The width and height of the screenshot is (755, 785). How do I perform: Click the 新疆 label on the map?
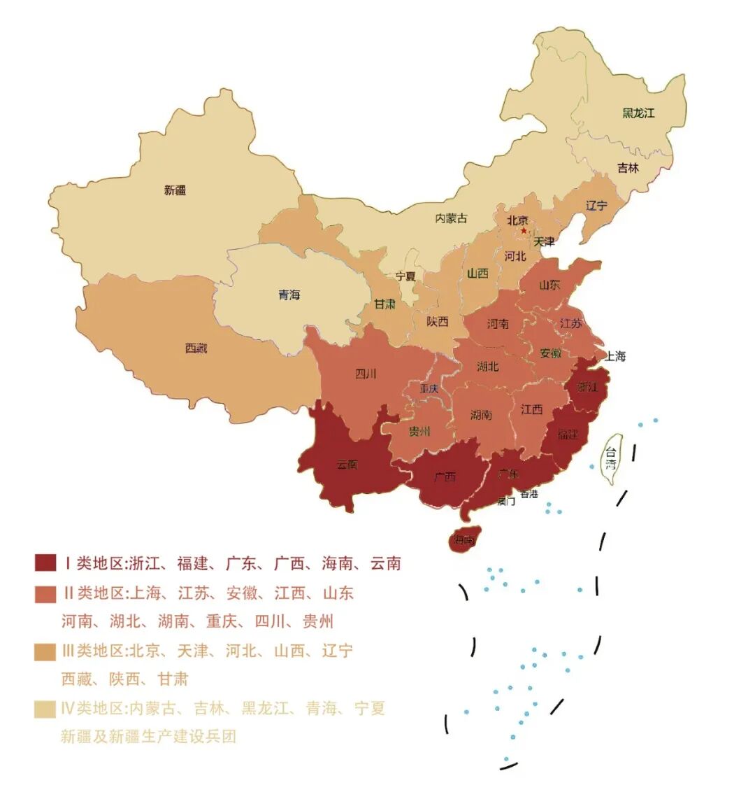[x=175, y=190]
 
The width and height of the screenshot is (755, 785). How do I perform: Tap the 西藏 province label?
[x=196, y=348]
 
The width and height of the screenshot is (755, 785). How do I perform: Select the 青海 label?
[x=288, y=295]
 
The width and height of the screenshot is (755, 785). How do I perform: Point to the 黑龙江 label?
[x=638, y=112]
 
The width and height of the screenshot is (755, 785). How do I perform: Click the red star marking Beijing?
[x=524, y=230]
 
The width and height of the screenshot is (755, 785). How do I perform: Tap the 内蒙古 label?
[x=451, y=218]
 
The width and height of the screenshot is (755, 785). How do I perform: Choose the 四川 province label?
[x=366, y=374]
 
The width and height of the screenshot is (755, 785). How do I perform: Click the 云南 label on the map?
[x=347, y=464]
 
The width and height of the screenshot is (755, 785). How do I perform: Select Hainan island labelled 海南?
[x=463, y=539]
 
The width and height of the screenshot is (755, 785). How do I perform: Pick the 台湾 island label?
[x=612, y=458]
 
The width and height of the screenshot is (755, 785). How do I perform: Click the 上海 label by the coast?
[x=615, y=355]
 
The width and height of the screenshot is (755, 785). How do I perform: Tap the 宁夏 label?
[x=405, y=276]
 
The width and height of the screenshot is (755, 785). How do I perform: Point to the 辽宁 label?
[x=596, y=206]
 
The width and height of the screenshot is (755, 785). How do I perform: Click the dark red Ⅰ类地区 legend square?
[x=45, y=563]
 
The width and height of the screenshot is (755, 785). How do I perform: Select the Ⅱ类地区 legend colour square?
[x=45, y=593]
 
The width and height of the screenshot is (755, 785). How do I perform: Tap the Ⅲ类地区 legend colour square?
[x=45, y=651]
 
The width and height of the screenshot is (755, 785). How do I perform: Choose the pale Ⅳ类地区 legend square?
[x=45, y=709]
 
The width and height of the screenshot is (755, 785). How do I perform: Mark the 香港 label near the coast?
[x=529, y=494]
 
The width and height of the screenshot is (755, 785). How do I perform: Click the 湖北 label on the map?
[x=487, y=366]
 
